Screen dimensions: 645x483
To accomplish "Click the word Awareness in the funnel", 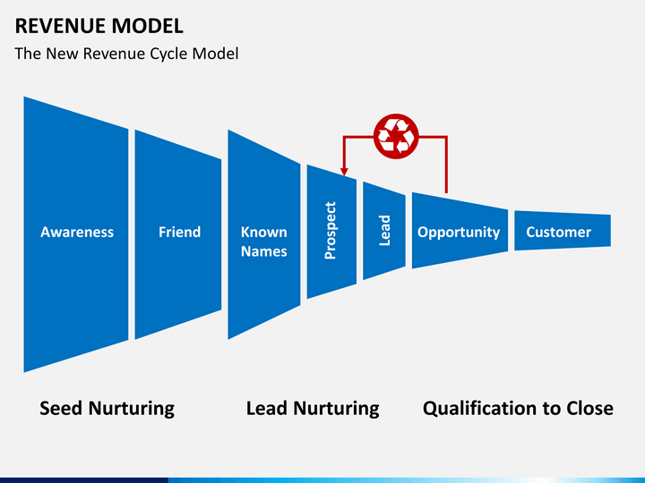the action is click(77, 232).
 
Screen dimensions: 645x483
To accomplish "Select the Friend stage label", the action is click(180, 232).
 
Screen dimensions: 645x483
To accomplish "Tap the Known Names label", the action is click(263, 241).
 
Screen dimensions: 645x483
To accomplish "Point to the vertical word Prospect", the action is click(331, 231).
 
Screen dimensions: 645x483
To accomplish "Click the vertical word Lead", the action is click(384, 231).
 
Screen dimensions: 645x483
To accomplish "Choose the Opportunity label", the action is click(459, 233).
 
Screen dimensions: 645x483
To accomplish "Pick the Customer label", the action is click(559, 232).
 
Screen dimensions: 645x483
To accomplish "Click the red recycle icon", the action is click(396, 136).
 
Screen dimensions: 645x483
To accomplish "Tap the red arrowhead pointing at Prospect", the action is click(344, 172).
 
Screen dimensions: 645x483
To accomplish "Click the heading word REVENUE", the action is click(60, 26).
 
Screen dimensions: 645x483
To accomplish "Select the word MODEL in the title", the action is click(147, 26).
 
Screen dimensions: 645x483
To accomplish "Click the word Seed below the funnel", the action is click(61, 408).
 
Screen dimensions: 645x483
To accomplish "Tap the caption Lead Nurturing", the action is click(313, 409).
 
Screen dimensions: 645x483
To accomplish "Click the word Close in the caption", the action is click(589, 408).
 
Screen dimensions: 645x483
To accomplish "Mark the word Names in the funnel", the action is click(263, 251).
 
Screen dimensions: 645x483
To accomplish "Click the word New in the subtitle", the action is click(62, 54).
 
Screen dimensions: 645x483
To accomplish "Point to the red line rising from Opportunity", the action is click(447, 165).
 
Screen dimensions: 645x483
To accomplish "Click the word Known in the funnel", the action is click(263, 232).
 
